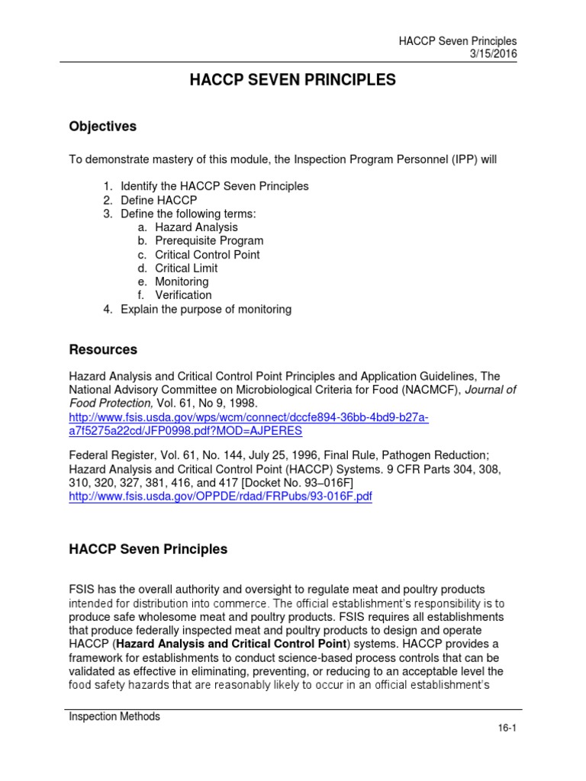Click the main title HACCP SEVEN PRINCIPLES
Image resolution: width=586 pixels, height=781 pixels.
click(x=292, y=80)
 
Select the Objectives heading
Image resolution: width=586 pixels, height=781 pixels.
click(x=103, y=127)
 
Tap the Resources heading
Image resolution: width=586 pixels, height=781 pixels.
click(x=103, y=350)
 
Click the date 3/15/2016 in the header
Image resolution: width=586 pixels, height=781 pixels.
click(x=491, y=55)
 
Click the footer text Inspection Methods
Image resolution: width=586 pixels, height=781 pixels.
click(x=114, y=716)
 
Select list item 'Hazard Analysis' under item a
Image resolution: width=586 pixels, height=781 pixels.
click(x=196, y=227)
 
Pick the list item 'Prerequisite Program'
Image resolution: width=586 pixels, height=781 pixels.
click(x=209, y=241)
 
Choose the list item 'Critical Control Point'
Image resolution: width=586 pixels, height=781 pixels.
click(x=207, y=255)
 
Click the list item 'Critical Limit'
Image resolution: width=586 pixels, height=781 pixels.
click(x=186, y=268)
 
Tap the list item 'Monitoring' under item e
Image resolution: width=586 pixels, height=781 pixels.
click(x=182, y=281)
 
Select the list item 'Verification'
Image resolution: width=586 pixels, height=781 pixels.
click(x=183, y=295)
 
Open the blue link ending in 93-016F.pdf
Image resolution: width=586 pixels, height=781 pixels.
click(x=221, y=497)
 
